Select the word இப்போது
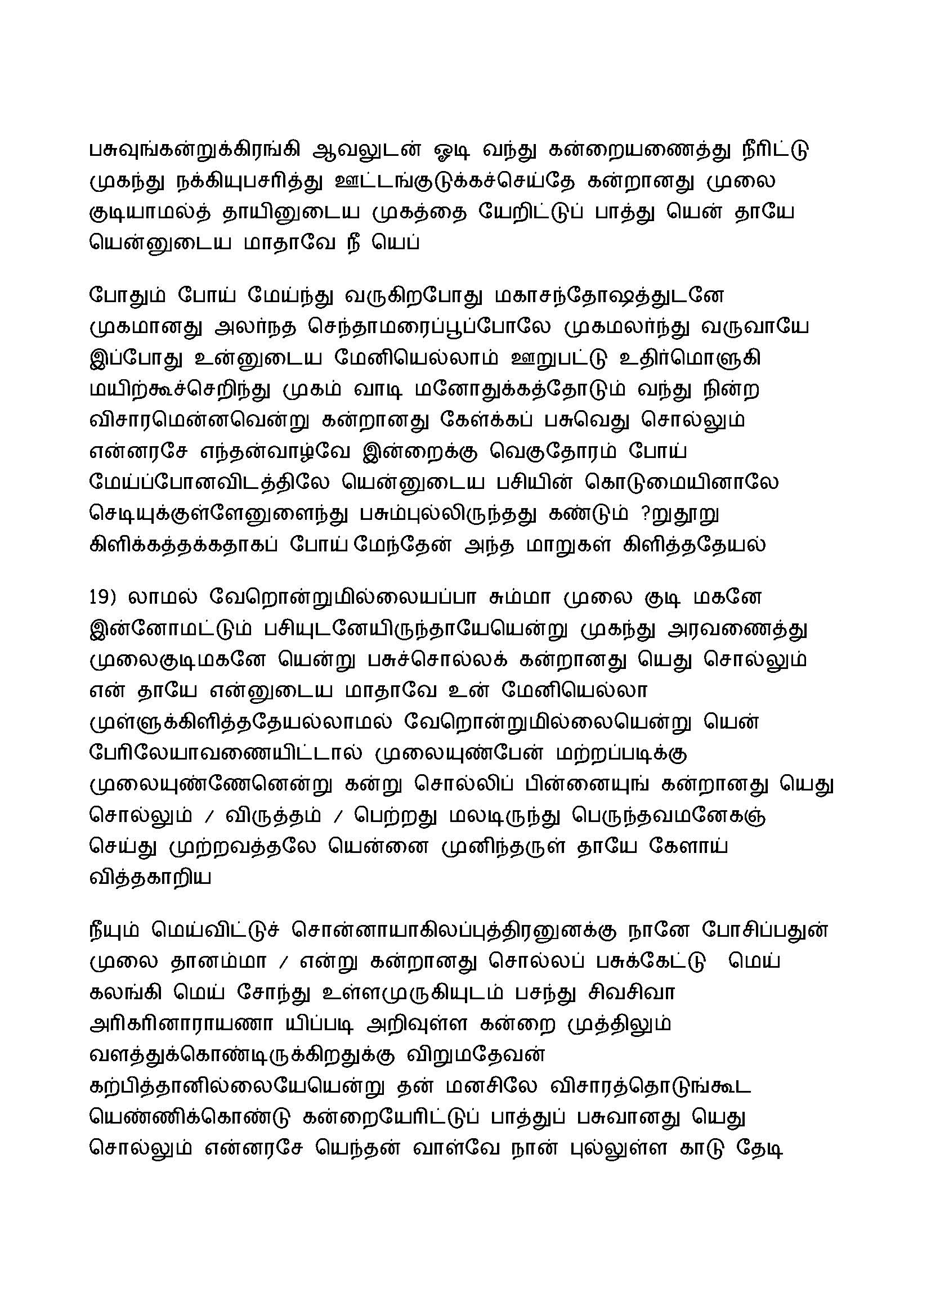tap(136, 359)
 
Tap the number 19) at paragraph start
tap(103, 598)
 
